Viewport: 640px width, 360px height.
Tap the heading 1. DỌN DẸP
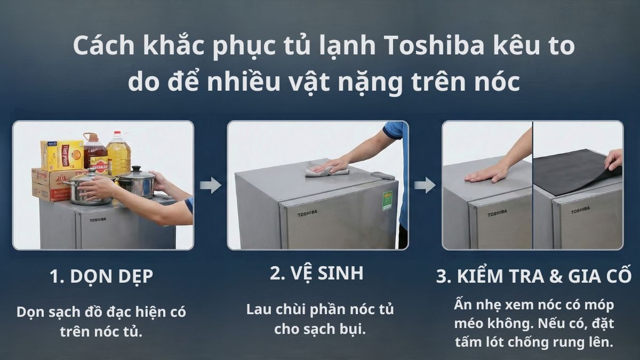pyautogui.click(x=101, y=276)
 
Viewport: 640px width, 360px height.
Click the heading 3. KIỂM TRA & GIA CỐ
pyautogui.click(x=534, y=276)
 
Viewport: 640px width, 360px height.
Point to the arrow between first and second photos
pyautogui.click(x=211, y=186)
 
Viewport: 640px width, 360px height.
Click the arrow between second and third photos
pyautogui.click(x=425, y=186)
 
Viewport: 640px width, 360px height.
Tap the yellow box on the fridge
pyautogui.click(x=62, y=155)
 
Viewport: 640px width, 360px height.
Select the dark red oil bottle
pyautogui.click(x=94, y=155)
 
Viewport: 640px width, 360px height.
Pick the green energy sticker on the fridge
pyautogui.click(x=387, y=201)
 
